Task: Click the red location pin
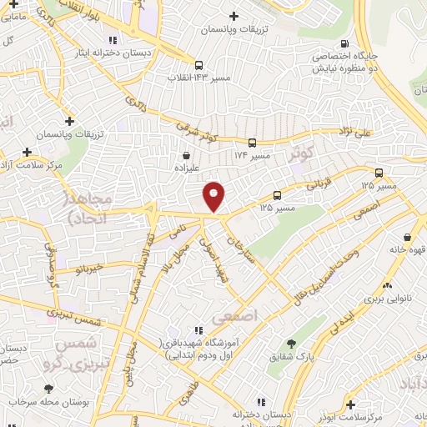coord(214,196)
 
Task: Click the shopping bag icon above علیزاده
coord(186,154)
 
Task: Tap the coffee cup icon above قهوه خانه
coord(406,237)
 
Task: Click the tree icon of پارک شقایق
coord(290,344)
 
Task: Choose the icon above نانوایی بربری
coord(387,284)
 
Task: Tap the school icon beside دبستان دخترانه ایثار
coord(112,39)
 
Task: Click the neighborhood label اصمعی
coord(232,317)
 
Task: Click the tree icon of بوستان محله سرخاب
coord(48,389)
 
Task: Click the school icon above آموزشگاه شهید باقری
coord(198,330)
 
